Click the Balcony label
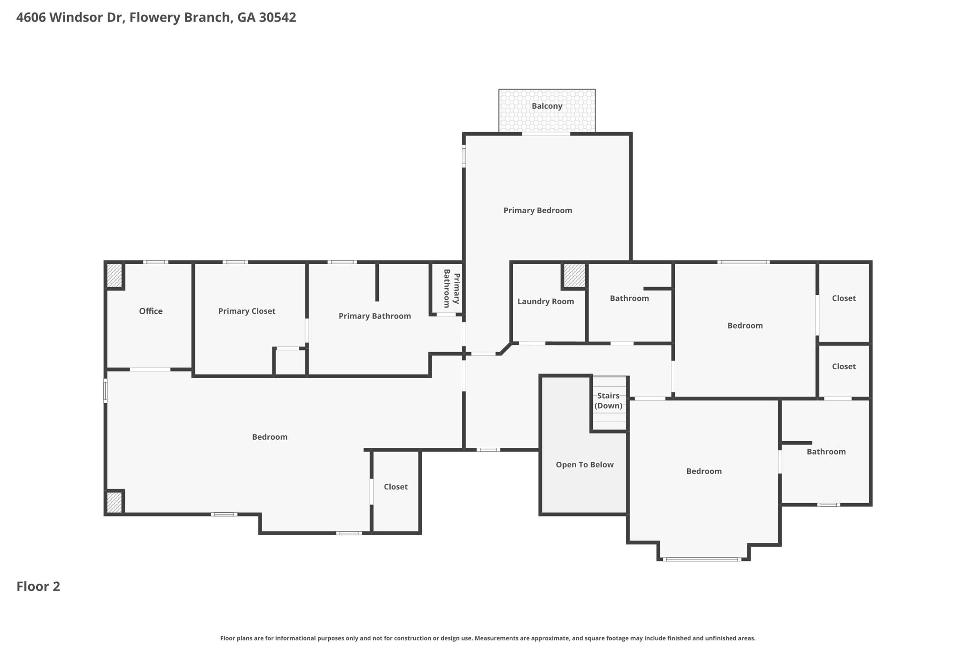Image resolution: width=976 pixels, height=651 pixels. [x=547, y=106]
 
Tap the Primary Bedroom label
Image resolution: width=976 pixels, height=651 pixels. [x=538, y=210]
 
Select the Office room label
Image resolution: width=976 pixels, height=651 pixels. [x=151, y=311]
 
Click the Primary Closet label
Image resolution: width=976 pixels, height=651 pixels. [x=246, y=311]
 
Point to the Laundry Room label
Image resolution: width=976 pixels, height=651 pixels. [x=545, y=301]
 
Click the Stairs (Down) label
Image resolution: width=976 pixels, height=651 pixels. [x=608, y=401]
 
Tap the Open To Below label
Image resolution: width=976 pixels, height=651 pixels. [x=584, y=465]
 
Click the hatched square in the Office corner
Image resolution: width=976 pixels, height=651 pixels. [x=114, y=275]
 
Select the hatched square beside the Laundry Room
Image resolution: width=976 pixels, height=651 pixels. [x=574, y=275]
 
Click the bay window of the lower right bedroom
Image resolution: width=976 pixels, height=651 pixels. [x=701, y=559]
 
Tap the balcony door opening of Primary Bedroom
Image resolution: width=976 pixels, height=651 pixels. [x=546, y=134]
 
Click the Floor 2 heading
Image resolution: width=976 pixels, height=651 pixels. [x=38, y=586]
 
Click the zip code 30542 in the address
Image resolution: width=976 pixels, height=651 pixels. [x=277, y=18]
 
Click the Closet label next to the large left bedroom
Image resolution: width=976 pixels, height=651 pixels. [x=396, y=486]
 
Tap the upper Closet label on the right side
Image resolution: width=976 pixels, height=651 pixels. [x=844, y=298]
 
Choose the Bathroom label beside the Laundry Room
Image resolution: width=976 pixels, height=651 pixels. [x=629, y=298]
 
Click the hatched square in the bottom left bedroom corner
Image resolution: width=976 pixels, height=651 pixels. [x=114, y=502]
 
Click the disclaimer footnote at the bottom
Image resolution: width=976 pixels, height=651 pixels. [x=488, y=638]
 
